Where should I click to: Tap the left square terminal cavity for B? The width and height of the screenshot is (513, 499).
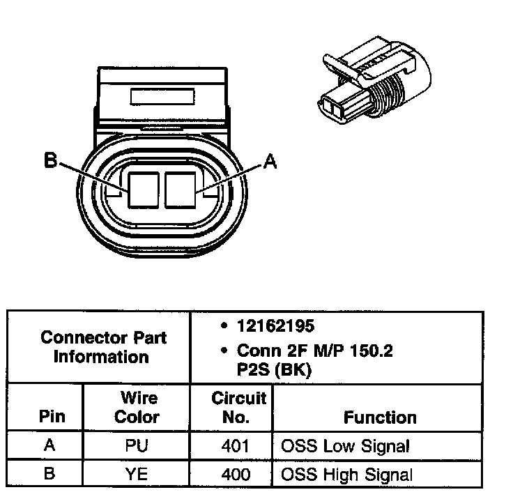144,189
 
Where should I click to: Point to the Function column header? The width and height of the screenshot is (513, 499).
379,417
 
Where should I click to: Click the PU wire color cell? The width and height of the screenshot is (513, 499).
137,445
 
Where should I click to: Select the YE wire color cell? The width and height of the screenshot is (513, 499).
137,474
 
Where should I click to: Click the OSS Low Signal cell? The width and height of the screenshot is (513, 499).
344,445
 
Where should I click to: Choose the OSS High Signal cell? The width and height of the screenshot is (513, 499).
346,474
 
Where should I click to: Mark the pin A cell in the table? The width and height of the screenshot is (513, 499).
49,445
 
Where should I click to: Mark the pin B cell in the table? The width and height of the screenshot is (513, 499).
49,474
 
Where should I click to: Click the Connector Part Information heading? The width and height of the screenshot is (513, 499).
103,347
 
